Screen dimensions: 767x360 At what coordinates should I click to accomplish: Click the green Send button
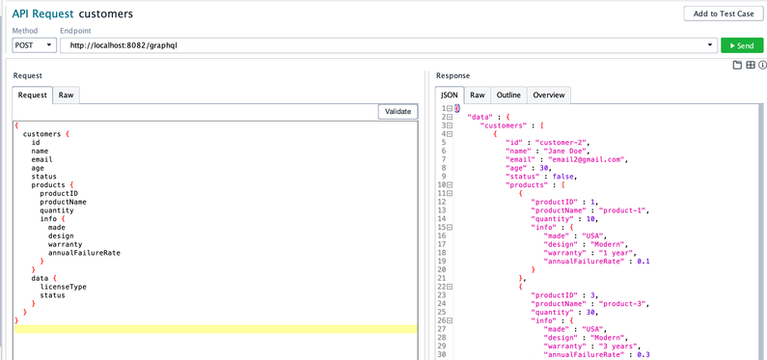[x=741, y=45]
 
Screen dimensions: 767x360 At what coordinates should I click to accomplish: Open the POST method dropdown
[x=35, y=45]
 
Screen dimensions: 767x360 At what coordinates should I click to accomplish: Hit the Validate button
[x=397, y=111]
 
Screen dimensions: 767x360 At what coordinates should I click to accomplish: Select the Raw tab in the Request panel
[x=66, y=95]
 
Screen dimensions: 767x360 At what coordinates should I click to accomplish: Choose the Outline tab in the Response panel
[x=507, y=95]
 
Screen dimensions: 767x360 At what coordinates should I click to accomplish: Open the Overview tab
[x=548, y=95]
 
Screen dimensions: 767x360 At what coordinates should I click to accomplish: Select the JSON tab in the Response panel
[x=450, y=95]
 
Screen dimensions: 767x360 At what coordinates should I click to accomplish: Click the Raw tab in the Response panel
[x=477, y=95]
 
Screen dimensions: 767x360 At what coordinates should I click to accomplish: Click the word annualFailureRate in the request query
[x=84, y=253]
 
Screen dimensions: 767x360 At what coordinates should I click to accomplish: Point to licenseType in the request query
[x=63, y=287]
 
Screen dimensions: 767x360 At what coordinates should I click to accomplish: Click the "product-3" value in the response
[x=623, y=313]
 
